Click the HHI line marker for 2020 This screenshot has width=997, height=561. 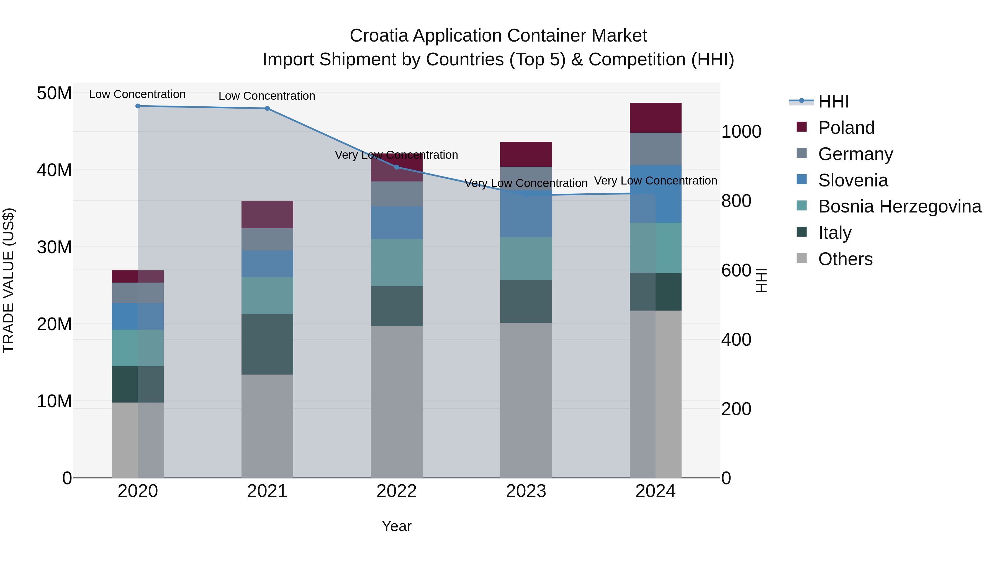coord(138,106)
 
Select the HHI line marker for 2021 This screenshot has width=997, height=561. coord(267,108)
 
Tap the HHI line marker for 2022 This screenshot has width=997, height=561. coord(396,167)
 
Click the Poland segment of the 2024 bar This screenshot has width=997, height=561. coord(655,118)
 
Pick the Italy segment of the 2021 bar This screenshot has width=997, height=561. coord(267,344)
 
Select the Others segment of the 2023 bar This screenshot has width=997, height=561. coord(526,400)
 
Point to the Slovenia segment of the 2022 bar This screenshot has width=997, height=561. coord(396,223)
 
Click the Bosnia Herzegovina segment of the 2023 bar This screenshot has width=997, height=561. coord(526,259)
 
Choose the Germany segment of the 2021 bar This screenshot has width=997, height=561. coord(267,239)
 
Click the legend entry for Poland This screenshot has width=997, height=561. coord(846,128)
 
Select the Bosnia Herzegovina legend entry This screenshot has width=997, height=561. coord(900,206)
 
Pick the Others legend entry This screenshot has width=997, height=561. coord(845,259)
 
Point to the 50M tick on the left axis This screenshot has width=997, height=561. coord(54,93)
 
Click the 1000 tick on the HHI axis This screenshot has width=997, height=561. coord(741,132)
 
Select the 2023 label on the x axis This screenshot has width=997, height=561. coord(526,491)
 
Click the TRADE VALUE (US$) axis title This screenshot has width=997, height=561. coord(9,280)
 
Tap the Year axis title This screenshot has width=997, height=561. coord(396,526)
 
